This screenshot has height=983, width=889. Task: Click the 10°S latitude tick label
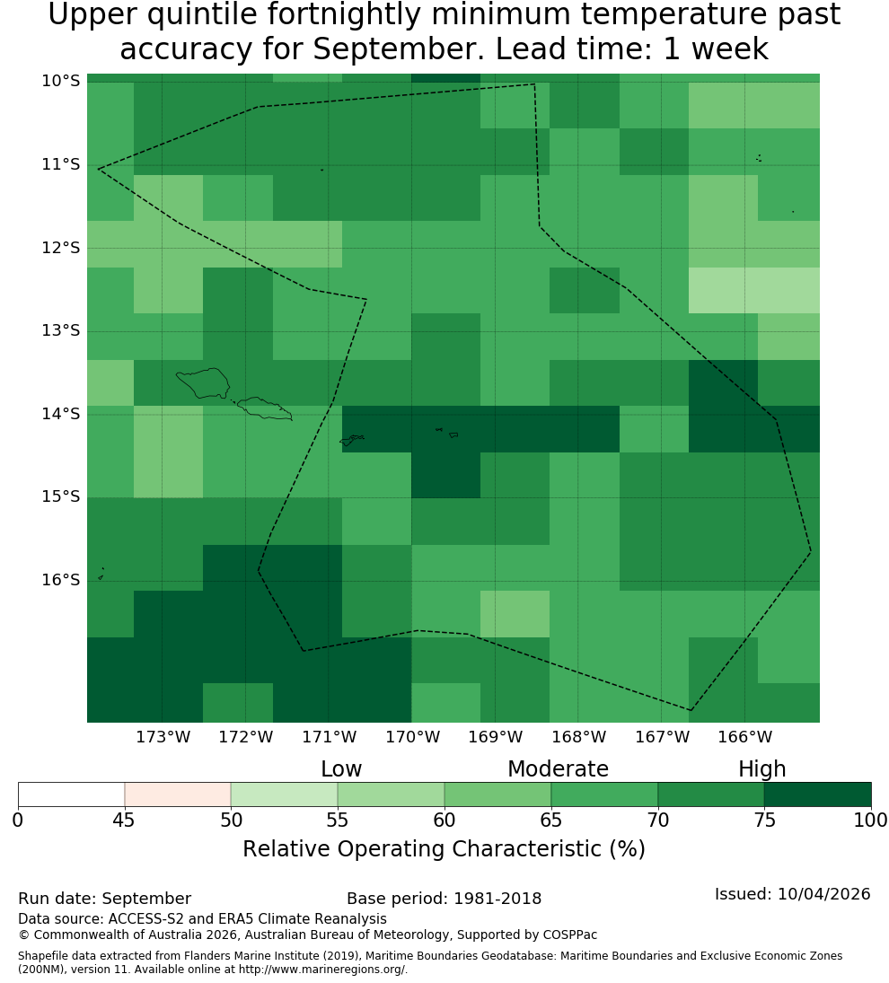[61, 81]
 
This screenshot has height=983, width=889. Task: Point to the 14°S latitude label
[61, 414]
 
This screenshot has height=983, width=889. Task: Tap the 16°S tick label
[61, 580]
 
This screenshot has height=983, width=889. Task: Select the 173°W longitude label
[163, 737]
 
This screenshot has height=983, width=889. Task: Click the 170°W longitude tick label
[412, 737]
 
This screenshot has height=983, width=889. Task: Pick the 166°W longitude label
[744, 737]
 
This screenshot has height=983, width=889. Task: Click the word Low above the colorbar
[341, 769]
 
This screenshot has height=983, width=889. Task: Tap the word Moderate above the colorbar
[558, 769]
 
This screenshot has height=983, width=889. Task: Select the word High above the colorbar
[761, 769]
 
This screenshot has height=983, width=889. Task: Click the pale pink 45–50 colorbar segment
[178, 794]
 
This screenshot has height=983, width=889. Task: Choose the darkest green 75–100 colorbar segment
[817, 794]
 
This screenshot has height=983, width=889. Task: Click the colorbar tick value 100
[871, 820]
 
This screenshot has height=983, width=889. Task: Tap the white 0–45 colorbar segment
[72, 794]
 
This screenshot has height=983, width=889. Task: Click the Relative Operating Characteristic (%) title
[444, 849]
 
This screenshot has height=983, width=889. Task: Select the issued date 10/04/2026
[823, 894]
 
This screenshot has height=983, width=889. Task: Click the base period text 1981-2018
[497, 899]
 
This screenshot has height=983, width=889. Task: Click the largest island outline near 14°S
[202, 383]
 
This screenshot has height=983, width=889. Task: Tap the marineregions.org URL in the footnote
[323, 970]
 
